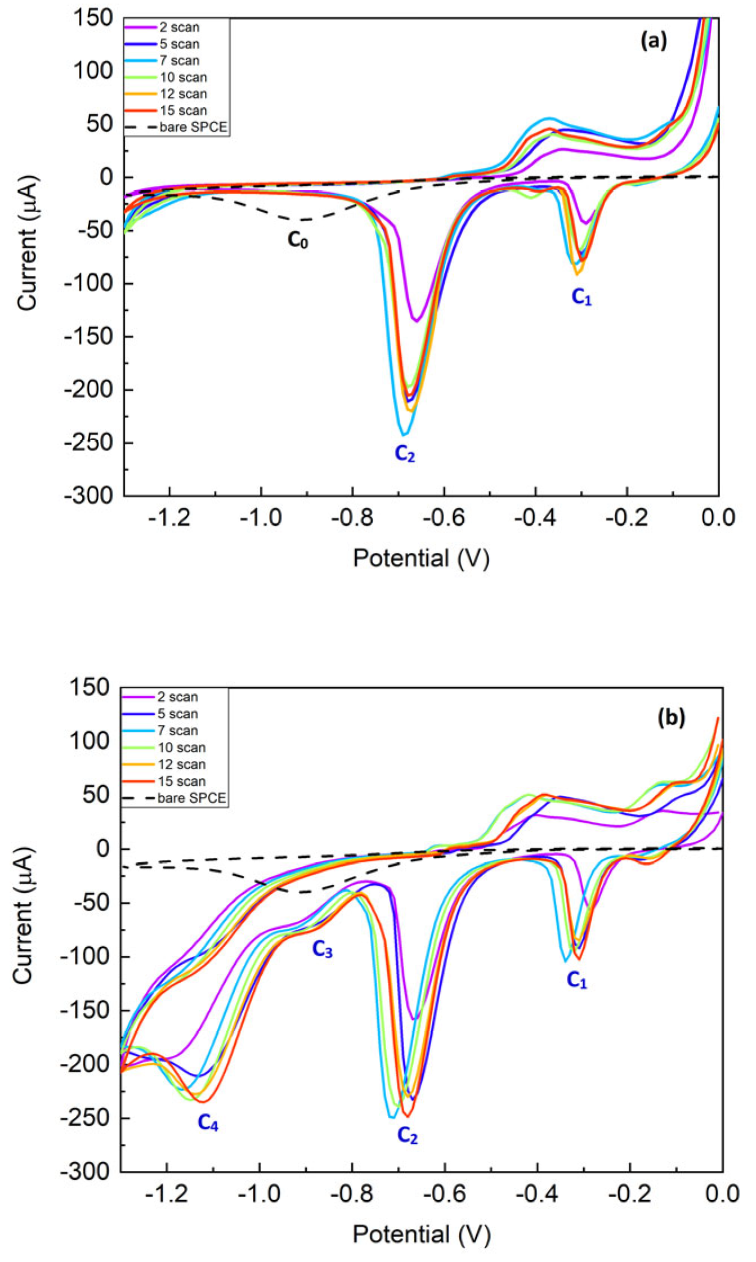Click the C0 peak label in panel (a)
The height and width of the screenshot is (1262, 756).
pyautogui.click(x=298, y=240)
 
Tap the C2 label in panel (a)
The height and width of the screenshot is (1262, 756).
pyautogui.click(x=404, y=453)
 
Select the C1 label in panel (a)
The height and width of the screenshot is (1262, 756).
pyautogui.click(x=581, y=297)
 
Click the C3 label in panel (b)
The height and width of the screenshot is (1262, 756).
pyautogui.click(x=322, y=950)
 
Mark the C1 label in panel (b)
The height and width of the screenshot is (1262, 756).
pyautogui.click(x=576, y=981)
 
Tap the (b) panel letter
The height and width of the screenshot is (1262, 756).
pyautogui.click(x=671, y=718)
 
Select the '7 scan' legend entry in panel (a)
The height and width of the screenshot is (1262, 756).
pyautogui.click(x=178, y=60)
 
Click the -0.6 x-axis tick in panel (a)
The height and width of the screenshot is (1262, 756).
pyautogui.click(x=444, y=517)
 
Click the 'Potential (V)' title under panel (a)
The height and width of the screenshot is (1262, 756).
pyautogui.click(x=421, y=558)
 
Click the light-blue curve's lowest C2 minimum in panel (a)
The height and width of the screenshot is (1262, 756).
pyautogui.click(x=404, y=435)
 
